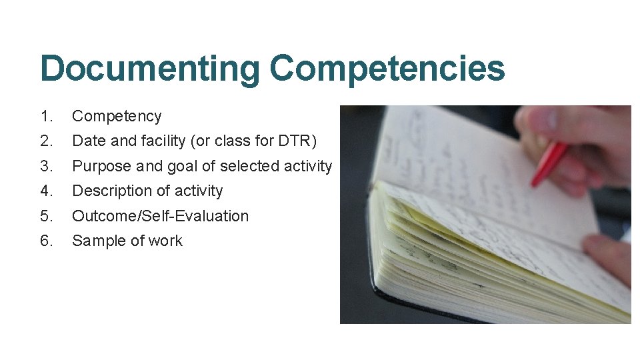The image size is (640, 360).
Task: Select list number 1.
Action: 46,116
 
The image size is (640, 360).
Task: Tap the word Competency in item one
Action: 117,117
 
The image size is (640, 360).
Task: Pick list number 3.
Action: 46,166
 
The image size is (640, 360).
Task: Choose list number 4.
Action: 46,191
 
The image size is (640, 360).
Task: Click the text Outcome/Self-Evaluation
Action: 160,216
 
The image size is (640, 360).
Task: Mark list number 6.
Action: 46,241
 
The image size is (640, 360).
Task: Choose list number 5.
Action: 46,216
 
